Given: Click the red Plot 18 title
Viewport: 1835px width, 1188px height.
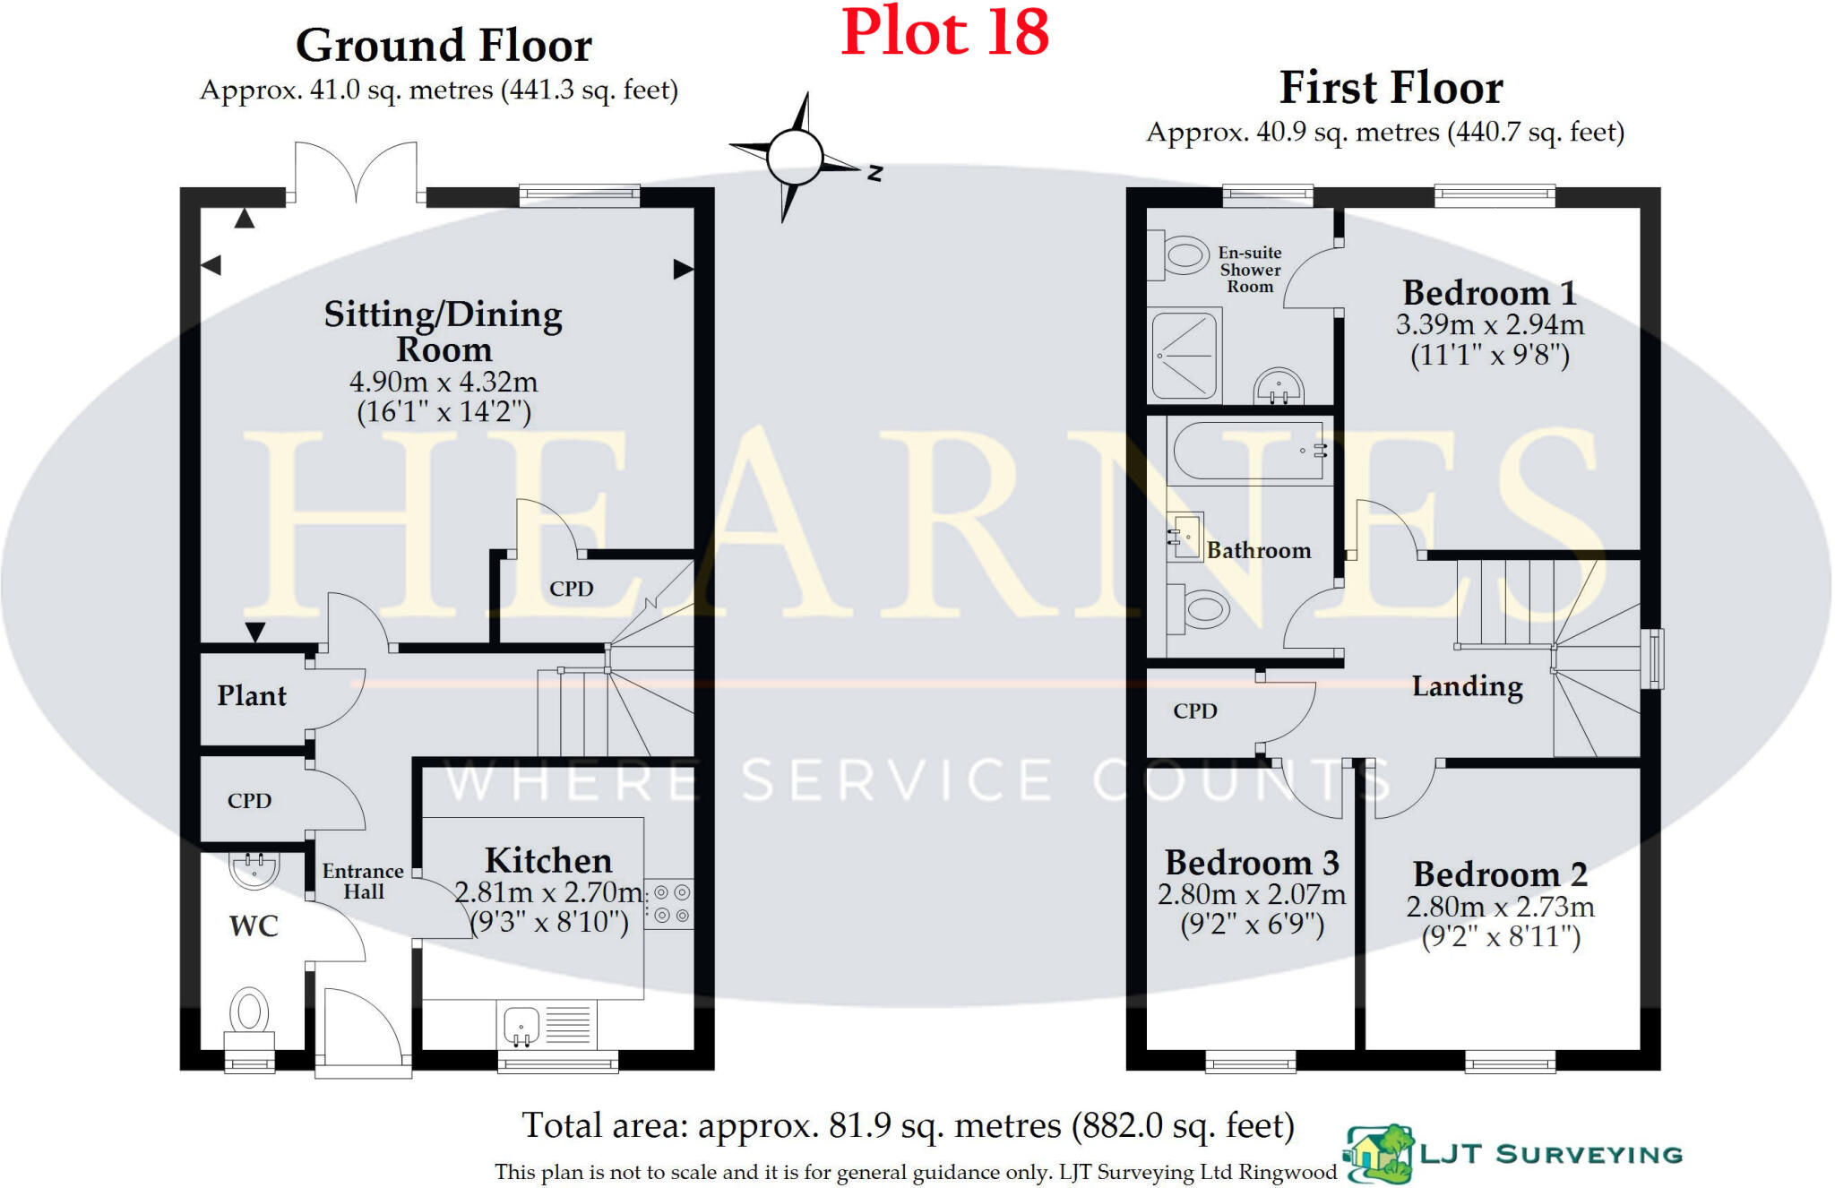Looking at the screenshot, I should [x=944, y=32].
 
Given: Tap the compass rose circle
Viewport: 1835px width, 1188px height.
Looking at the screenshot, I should [x=794, y=157].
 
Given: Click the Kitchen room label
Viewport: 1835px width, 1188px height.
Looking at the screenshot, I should [x=548, y=860].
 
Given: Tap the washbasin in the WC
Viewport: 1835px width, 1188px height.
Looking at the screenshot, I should [x=254, y=868].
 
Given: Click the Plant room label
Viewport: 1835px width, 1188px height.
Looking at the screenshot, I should [x=252, y=696].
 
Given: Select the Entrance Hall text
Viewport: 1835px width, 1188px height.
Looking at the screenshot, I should [x=363, y=882].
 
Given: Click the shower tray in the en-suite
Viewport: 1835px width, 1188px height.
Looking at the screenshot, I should [x=1185, y=355].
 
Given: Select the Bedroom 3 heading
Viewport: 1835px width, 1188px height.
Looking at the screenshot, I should [x=1252, y=863].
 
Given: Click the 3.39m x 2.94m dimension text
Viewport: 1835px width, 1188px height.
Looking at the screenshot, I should [x=1489, y=324].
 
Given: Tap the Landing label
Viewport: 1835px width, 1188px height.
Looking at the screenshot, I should [x=1467, y=686].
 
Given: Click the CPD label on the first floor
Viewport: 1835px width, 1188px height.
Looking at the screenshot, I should [x=1195, y=711].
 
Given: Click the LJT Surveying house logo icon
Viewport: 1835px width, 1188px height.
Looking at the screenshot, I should [x=1378, y=1154].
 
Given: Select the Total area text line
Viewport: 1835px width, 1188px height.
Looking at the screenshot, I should [x=908, y=1126].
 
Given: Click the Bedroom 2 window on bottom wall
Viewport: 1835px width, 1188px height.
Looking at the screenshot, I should [x=1510, y=1063].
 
